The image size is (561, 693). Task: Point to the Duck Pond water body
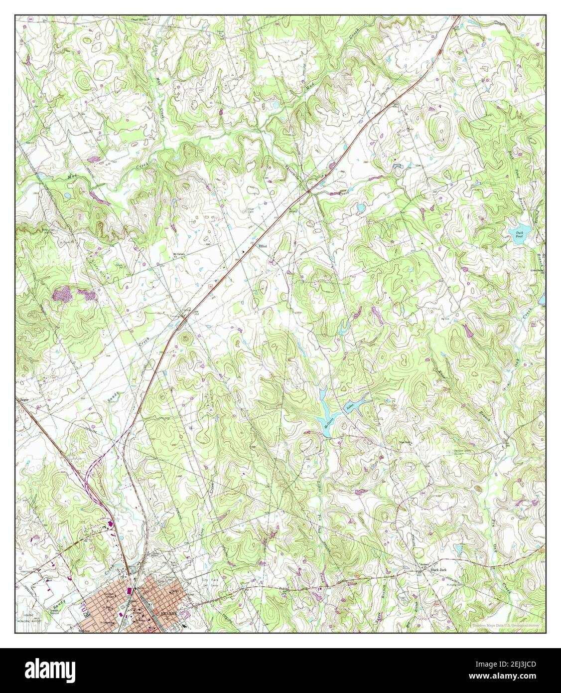519,233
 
